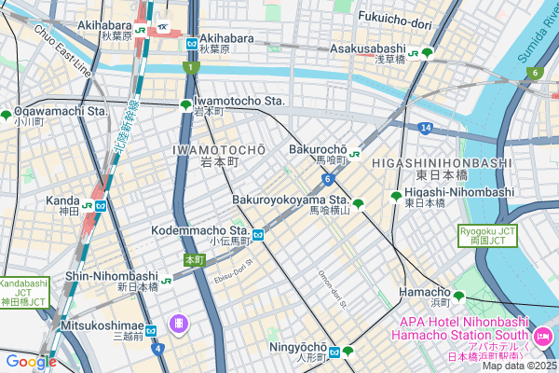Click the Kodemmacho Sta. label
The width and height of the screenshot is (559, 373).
tap(199, 229)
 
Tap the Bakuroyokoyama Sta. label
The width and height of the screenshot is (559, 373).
tap(290, 200)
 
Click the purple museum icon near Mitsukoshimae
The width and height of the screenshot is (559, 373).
tap(178, 324)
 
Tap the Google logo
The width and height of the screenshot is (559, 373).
tap(30, 362)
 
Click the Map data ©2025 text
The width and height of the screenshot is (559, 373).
tap(517, 365)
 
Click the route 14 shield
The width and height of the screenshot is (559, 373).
tap(424, 127)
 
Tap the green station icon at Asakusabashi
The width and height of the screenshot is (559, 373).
tap(427, 53)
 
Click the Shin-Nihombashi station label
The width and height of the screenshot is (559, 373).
tap(111, 276)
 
